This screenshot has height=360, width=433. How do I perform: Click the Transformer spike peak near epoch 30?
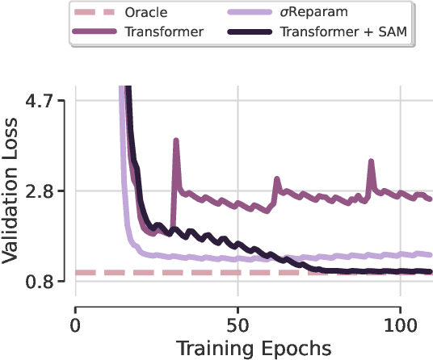[x=175, y=140]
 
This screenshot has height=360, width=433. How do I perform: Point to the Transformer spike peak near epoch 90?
[x=371, y=161]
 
